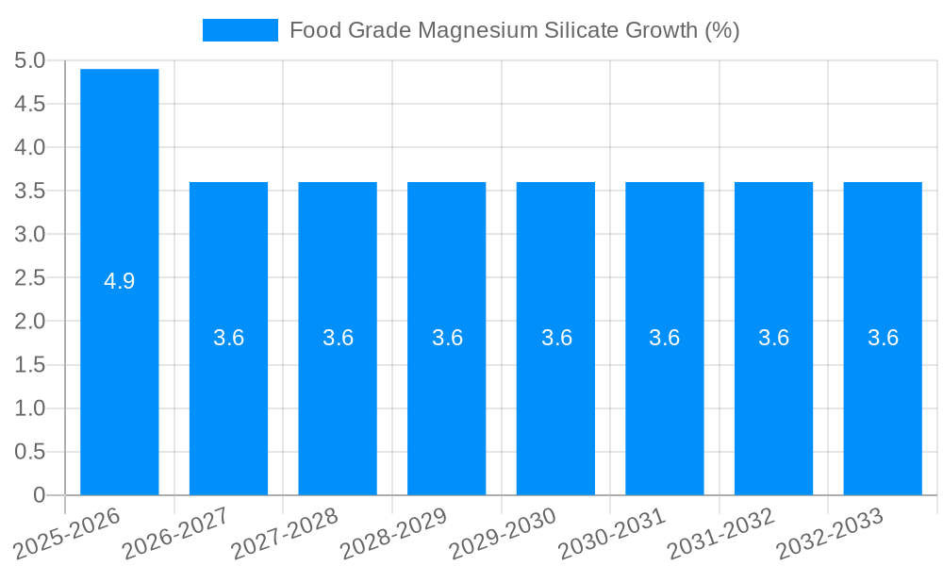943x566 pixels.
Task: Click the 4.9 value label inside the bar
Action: click(120, 281)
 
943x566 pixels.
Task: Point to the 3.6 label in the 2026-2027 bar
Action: click(229, 338)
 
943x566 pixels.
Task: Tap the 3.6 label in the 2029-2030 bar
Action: click(556, 338)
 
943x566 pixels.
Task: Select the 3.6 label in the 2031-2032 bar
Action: click(774, 338)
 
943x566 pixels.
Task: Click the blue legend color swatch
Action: click(240, 30)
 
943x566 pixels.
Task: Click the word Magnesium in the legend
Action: click(479, 30)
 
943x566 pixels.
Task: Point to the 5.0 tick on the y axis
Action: click(30, 60)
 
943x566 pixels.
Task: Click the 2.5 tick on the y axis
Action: click(30, 277)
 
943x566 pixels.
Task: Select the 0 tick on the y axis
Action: click(39, 495)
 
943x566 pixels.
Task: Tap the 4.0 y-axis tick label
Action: click(30, 147)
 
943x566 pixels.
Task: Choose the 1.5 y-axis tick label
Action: click(30, 365)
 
